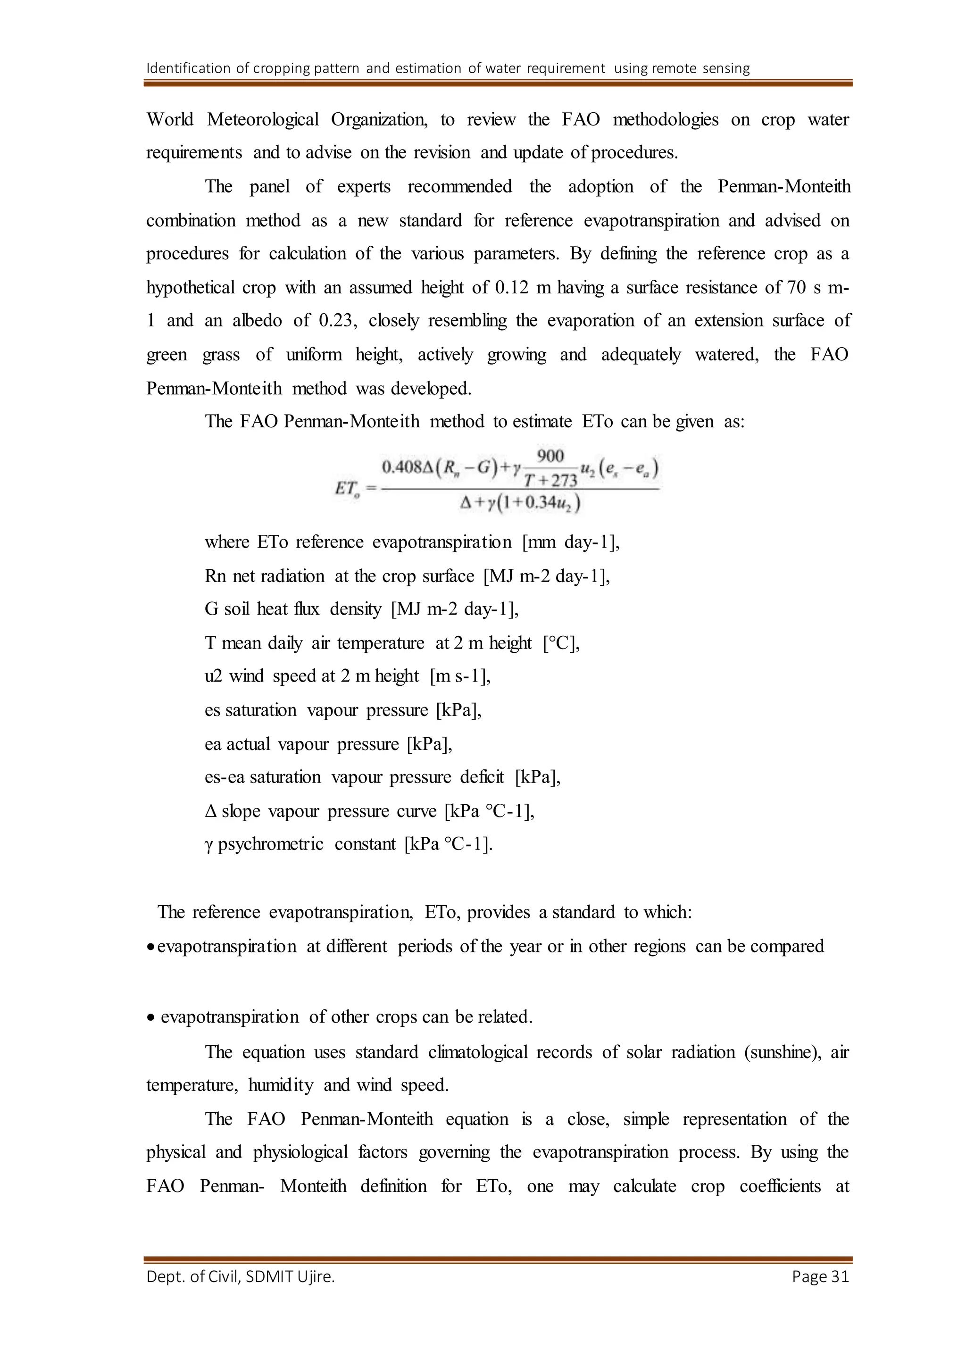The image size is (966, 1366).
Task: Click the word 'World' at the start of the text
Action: click(x=170, y=120)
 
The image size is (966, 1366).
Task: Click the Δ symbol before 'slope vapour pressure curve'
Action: click(x=210, y=811)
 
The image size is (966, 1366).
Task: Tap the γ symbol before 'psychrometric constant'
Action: click(x=209, y=845)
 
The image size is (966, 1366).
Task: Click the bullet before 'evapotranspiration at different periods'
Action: click(x=151, y=948)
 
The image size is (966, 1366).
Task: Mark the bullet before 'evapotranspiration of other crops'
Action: click(x=151, y=1018)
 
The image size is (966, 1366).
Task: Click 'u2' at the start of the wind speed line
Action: click(x=213, y=676)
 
